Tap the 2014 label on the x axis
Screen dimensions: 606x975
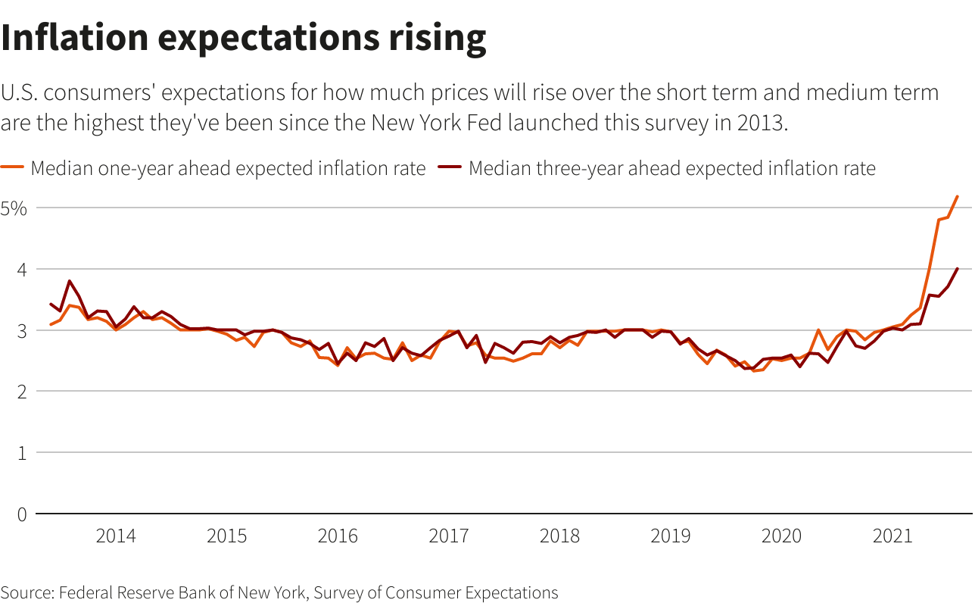point(116,537)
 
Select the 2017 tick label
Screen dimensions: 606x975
point(449,537)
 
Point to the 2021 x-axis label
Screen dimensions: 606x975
point(892,537)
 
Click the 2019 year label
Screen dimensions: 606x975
point(671,537)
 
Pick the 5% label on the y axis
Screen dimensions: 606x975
point(14,208)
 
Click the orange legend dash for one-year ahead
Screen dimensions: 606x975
point(13,168)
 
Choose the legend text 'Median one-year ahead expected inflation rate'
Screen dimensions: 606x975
point(228,168)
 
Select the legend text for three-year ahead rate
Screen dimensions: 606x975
point(671,168)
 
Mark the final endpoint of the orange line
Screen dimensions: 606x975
point(958,196)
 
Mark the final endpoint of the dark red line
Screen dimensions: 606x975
point(958,268)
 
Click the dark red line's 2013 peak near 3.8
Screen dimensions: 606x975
point(70,281)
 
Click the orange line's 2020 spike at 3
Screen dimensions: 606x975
point(818,330)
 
